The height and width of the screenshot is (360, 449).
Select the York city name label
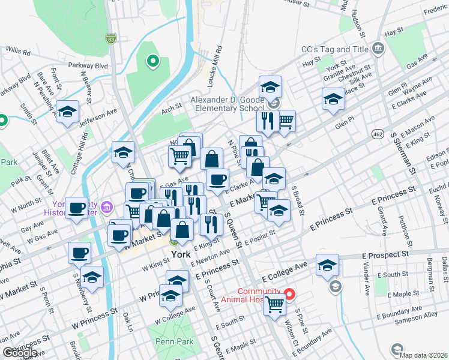click(180, 254)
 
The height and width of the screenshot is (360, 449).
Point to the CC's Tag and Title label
click(334, 49)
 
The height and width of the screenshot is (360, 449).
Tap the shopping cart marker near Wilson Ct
click(274, 303)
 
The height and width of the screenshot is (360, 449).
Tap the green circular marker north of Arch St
click(152, 60)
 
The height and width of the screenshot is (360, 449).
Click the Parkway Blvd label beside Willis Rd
click(92, 65)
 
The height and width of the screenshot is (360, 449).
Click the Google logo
click(20, 352)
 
